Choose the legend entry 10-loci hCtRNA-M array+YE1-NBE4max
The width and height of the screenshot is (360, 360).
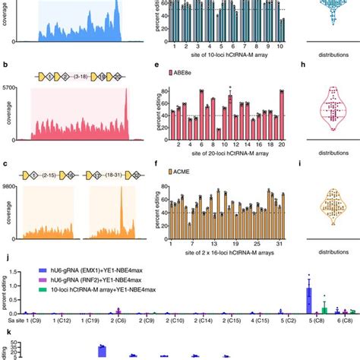(98, 288)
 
